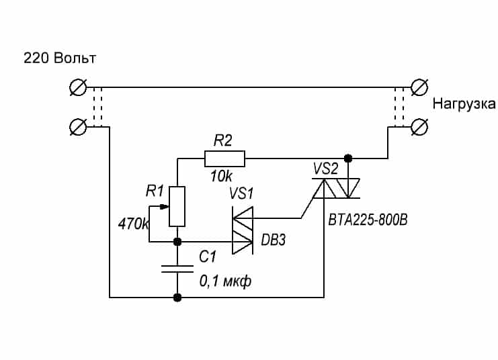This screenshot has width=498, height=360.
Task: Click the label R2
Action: click(222, 140)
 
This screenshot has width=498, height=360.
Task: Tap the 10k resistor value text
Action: click(222, 176)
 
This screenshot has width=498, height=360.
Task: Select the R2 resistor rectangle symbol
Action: click(224, 159)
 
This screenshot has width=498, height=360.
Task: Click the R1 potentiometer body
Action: click(177, 206)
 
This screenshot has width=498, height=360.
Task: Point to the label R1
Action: click(155, 191)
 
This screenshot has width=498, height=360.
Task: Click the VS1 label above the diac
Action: click(242, 194)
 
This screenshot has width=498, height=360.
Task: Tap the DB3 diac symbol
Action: click(242, 230)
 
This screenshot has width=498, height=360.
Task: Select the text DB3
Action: click(272, 240)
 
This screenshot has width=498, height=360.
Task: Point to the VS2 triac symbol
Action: click(336, 189)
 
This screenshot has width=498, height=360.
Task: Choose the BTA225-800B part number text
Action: click(368, 219)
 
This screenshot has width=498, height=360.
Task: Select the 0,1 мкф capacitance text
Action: click(225, 281)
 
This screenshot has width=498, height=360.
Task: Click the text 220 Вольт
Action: click(60, 58)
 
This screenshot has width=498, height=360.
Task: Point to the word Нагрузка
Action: click(464, 104)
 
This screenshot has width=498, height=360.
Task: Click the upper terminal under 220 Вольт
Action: click(78, 87)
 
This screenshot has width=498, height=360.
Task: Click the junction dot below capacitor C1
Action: click(177, 296)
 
